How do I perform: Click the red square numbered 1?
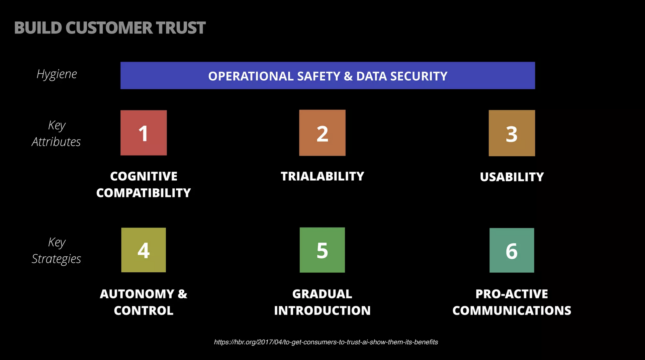[144, 133]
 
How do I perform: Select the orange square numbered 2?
[322, 133]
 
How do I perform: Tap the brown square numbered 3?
[512, 133]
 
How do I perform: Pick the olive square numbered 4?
[144, 250]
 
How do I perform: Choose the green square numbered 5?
[322, 250]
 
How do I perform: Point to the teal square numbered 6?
[512, 250]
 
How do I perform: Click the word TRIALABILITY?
[322, 176]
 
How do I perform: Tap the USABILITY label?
[512, 177]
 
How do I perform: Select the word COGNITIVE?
[144, 176]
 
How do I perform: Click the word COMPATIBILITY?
[144, 193]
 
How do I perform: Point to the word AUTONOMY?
[137, 294]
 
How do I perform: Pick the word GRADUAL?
[322, 294]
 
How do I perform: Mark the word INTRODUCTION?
[322, 311]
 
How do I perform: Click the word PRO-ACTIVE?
[512, 294]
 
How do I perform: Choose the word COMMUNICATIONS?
[512, 311]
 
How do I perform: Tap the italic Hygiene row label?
[57, 74]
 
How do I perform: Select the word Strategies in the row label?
[57, 259]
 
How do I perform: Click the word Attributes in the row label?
[56, 142]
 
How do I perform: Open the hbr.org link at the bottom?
[326, 342]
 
